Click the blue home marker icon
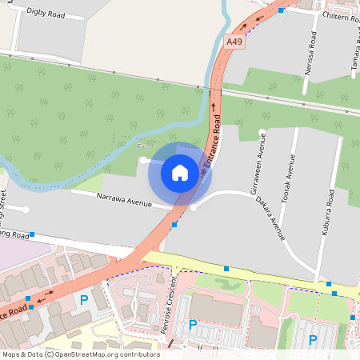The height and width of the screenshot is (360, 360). pos(180,172)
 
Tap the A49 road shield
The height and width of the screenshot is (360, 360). pos(234,42)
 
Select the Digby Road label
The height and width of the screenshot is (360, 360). pos(46,13)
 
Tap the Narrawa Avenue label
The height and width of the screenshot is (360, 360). pos(123,200)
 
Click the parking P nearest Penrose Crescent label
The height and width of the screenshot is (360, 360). pos(192,324)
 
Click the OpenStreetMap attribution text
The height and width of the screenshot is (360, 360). pos(81,354)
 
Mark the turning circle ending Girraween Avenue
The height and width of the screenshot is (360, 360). pos(262,132)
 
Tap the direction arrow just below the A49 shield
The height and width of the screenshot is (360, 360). pos(214,103)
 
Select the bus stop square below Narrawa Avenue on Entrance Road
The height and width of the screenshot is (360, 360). pos(174,225)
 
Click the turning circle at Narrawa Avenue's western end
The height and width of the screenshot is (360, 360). pos(26,210)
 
